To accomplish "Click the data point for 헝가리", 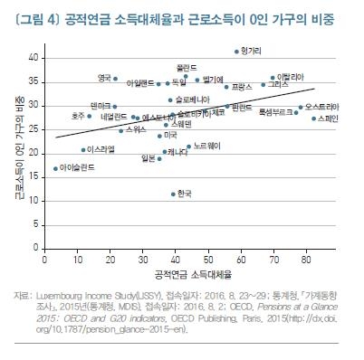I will (x=236, y=52).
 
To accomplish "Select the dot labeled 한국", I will (x=173, y=194).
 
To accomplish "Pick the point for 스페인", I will (x=313, y=118).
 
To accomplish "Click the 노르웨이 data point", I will (x=188, y=146).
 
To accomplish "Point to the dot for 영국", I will (x=90, y=79).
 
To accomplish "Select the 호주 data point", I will (x=90, y=116).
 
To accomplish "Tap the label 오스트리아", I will (x=322, y=107).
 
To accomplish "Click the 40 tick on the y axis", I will (x=35, y=57).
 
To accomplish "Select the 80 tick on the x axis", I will (x=306, y=259).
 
